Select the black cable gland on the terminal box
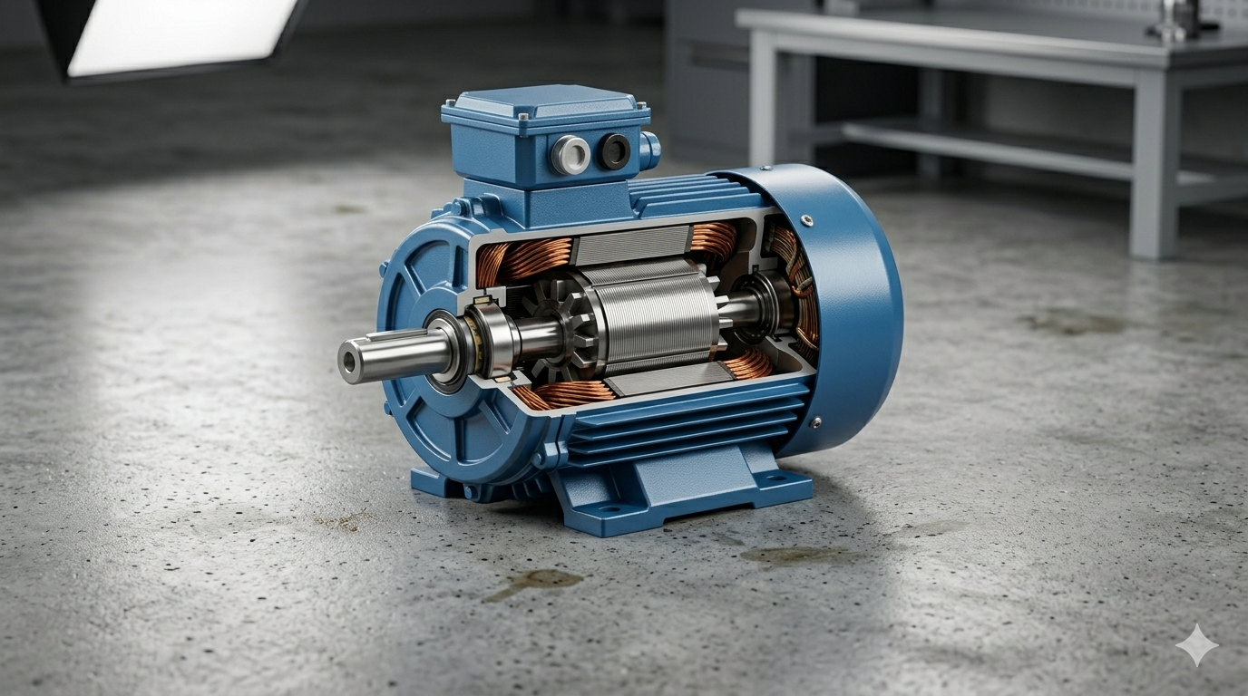click(614, 151)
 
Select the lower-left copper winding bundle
click(567, 393)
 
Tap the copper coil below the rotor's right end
click(749, 365)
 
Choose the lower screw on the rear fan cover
click(814, 422)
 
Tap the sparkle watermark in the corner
click(1196, 644)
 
